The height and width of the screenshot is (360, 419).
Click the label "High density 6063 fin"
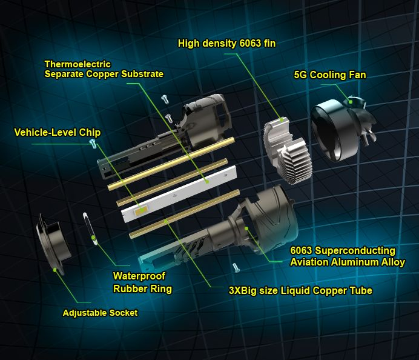tap(226, 43)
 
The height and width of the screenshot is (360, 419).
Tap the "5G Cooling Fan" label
tap(330, 75)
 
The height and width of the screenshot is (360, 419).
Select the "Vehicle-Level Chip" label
tap(58, 132)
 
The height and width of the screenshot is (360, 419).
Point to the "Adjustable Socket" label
tap(100, 313)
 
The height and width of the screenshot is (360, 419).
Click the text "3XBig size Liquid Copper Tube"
tap(300, 290)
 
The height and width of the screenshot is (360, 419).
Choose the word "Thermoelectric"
tap(78, 64)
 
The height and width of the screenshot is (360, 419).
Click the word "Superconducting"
tap(355, 251)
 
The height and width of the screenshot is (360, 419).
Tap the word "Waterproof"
tap(139, 276)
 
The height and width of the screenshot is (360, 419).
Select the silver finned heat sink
tap(287, 150)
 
